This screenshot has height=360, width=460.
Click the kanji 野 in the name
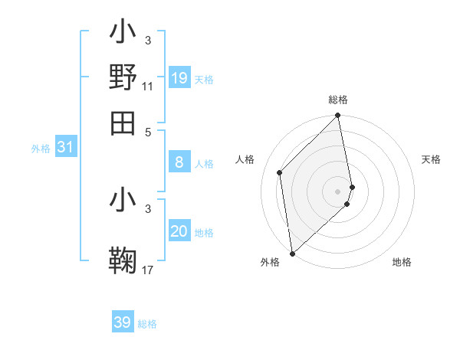click(123, 77)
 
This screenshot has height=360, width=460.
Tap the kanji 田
click(123, 123)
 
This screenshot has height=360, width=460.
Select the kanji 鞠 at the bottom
click(123, 259)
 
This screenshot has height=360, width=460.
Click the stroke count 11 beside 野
click(148, 87)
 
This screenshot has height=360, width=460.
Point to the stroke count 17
click(148, 270)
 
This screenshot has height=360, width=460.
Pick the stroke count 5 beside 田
click(148, 132)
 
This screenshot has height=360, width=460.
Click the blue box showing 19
click(179, 77)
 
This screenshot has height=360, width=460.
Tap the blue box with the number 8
click(179, 162)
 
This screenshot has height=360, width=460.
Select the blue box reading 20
click(179, 231)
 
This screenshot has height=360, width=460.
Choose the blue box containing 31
click(65, 147)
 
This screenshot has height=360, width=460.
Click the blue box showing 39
click(123, 322)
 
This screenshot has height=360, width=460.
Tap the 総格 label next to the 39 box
click(147, 324)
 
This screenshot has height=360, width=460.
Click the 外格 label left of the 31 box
click(41, 149)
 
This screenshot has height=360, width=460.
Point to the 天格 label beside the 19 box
click(204, 80)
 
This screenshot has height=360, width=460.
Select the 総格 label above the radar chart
click(338, 100)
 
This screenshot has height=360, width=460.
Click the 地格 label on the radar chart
click(402, 262)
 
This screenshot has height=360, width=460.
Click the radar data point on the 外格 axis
click(292, 254)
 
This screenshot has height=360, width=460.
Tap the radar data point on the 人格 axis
click(280, 172)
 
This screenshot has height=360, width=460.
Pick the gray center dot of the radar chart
click(338, 191)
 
